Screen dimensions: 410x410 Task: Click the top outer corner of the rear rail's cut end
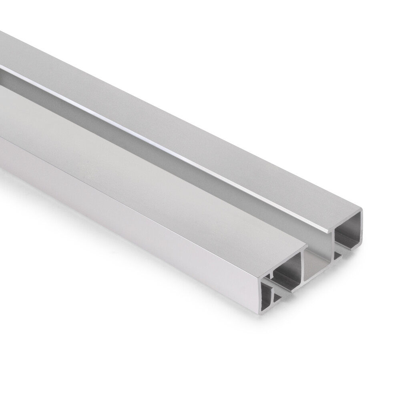pyautogui.click(x=362, y=209)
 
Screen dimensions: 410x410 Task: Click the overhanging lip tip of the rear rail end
pyautogui.click(x=329, y=232)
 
